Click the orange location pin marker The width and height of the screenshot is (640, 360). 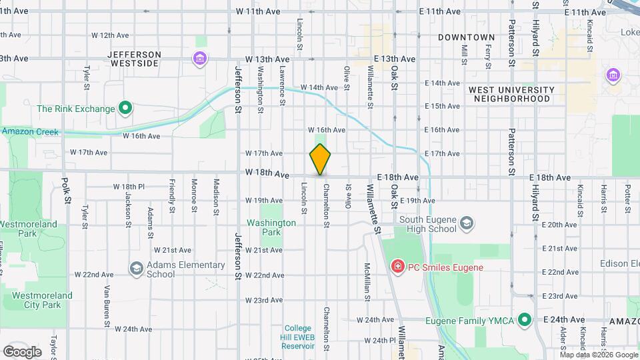pyautogui.click(x=320, y=159)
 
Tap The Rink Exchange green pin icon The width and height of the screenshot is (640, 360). pyautogui.click(x=125, y=108)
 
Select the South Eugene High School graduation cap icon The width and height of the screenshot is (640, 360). pyautogui.click(x=467, y=221)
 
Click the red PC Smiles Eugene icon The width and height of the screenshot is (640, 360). pyautogui.click(x=398, y=267)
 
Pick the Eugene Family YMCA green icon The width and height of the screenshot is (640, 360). pyautogui.click(x=525, y=321)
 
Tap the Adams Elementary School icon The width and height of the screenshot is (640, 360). pyautogui.click(x=137, y=269)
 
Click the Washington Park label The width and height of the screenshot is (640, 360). pyautogui.click(x=271, y=227)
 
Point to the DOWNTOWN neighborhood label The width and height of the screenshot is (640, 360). pyautogui.click(x=467, y=37)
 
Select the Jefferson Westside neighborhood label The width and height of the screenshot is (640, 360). pyautogui.click(x=133, y=59)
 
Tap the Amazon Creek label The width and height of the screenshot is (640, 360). pyautogui.click(x=29, y=132)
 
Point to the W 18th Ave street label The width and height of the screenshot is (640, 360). pyautogui.click(x=267, y=173)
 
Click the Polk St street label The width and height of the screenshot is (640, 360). pyautogui.click(x=65, y=190)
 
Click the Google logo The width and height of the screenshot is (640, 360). pyautogui.click(x=22, y=351)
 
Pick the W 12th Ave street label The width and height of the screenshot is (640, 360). pyautogui.click(x=110, y=35)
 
